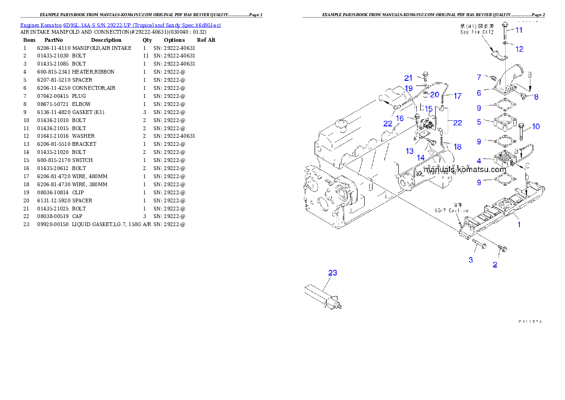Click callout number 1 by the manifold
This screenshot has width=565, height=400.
tap(519, 225)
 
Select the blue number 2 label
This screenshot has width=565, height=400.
tap(495, 265)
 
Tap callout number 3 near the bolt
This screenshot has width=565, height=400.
tap(471, 260)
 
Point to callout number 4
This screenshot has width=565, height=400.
tap(479, 161)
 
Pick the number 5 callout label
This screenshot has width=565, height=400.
tap(479, 122)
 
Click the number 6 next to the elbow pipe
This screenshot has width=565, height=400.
tap(479, 93)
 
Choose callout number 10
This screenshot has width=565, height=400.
tap(536, 126)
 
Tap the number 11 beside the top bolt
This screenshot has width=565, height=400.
tap(519, 30)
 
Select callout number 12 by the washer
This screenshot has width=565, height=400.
tap(519, 49)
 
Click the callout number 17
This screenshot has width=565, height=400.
tap(457, 96)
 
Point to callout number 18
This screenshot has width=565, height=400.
tap(457, 147)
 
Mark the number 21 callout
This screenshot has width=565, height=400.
tap(409, 78)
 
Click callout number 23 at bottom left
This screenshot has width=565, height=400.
tap(333, 273)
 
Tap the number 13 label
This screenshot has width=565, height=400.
tap(409, 151)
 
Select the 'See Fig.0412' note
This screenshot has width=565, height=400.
tap(477, 29)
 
